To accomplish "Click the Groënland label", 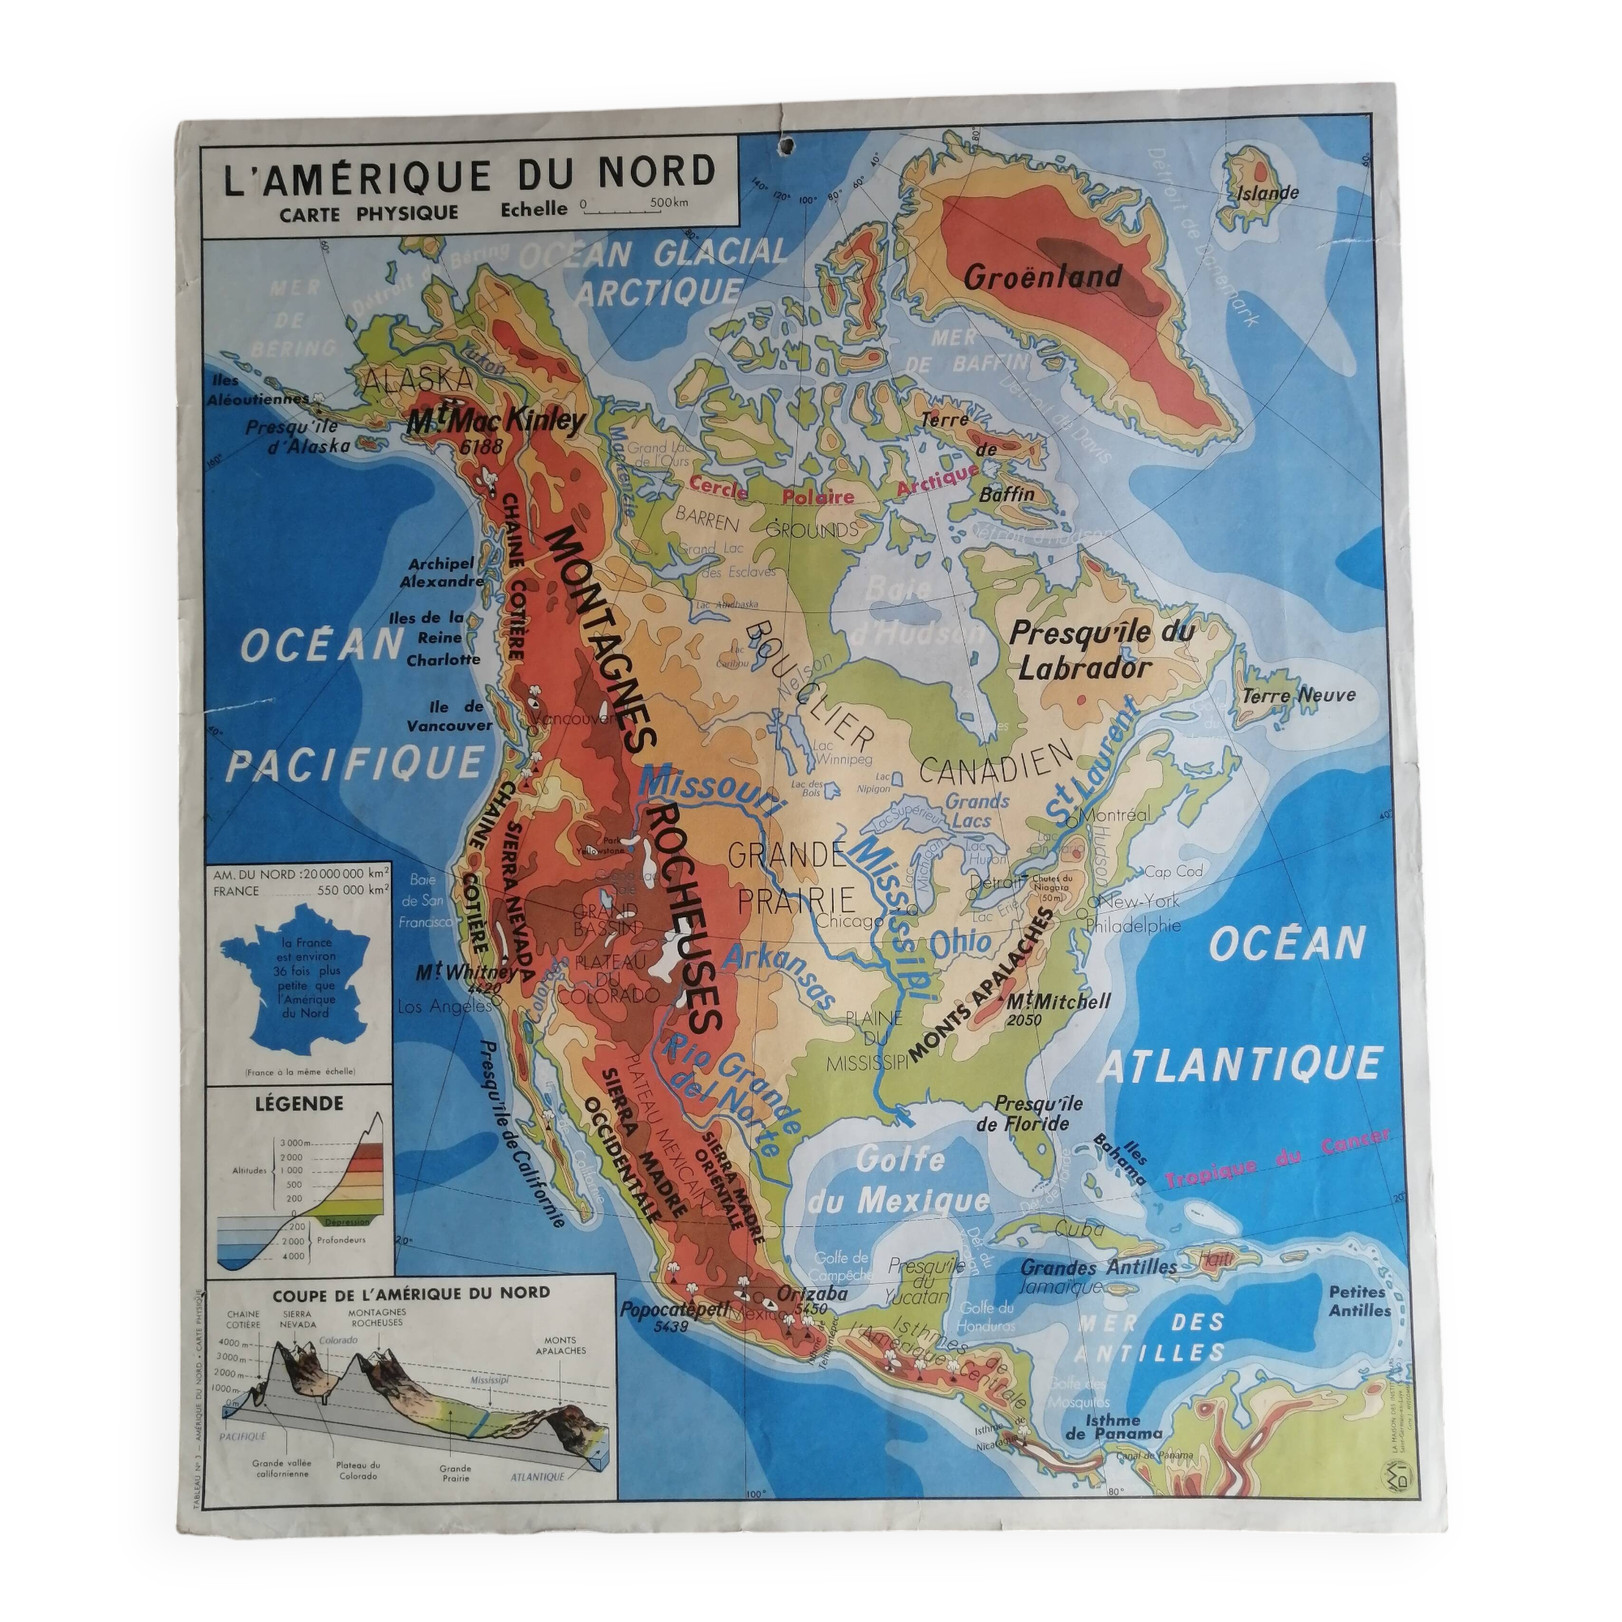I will pyautogui.click(x=1042, y=277).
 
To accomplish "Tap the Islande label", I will pyautogui.click(x=1268, y=193).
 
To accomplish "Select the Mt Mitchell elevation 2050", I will pyautogui.click(x=1023, y=1020).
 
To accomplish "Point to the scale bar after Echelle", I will pyautogui.click(x=634, y=210).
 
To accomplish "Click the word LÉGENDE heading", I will pyautogui.click(x=299, y=1103).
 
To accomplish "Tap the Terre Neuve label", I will pyautogui.click(x=1298, y=695).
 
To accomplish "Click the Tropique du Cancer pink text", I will pyautogui.click(x=1275, y=1159).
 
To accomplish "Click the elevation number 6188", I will pyautogui.click(x=480, y=446).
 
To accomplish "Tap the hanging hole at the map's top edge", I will pyautogui.click(x=787, y=148).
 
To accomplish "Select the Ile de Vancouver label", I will pyautogui.click(x=449, y=715).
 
